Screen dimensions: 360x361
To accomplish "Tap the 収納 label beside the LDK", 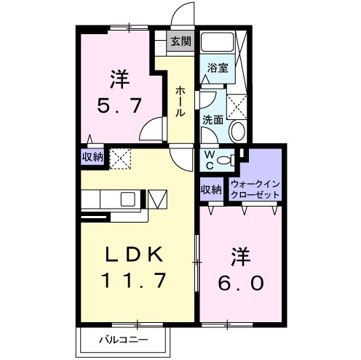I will [92, 156].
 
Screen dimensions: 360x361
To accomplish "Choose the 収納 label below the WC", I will [212, 191].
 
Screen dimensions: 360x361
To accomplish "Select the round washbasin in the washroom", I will [237, 131].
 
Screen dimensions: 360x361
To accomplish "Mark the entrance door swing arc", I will [183, 15].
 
